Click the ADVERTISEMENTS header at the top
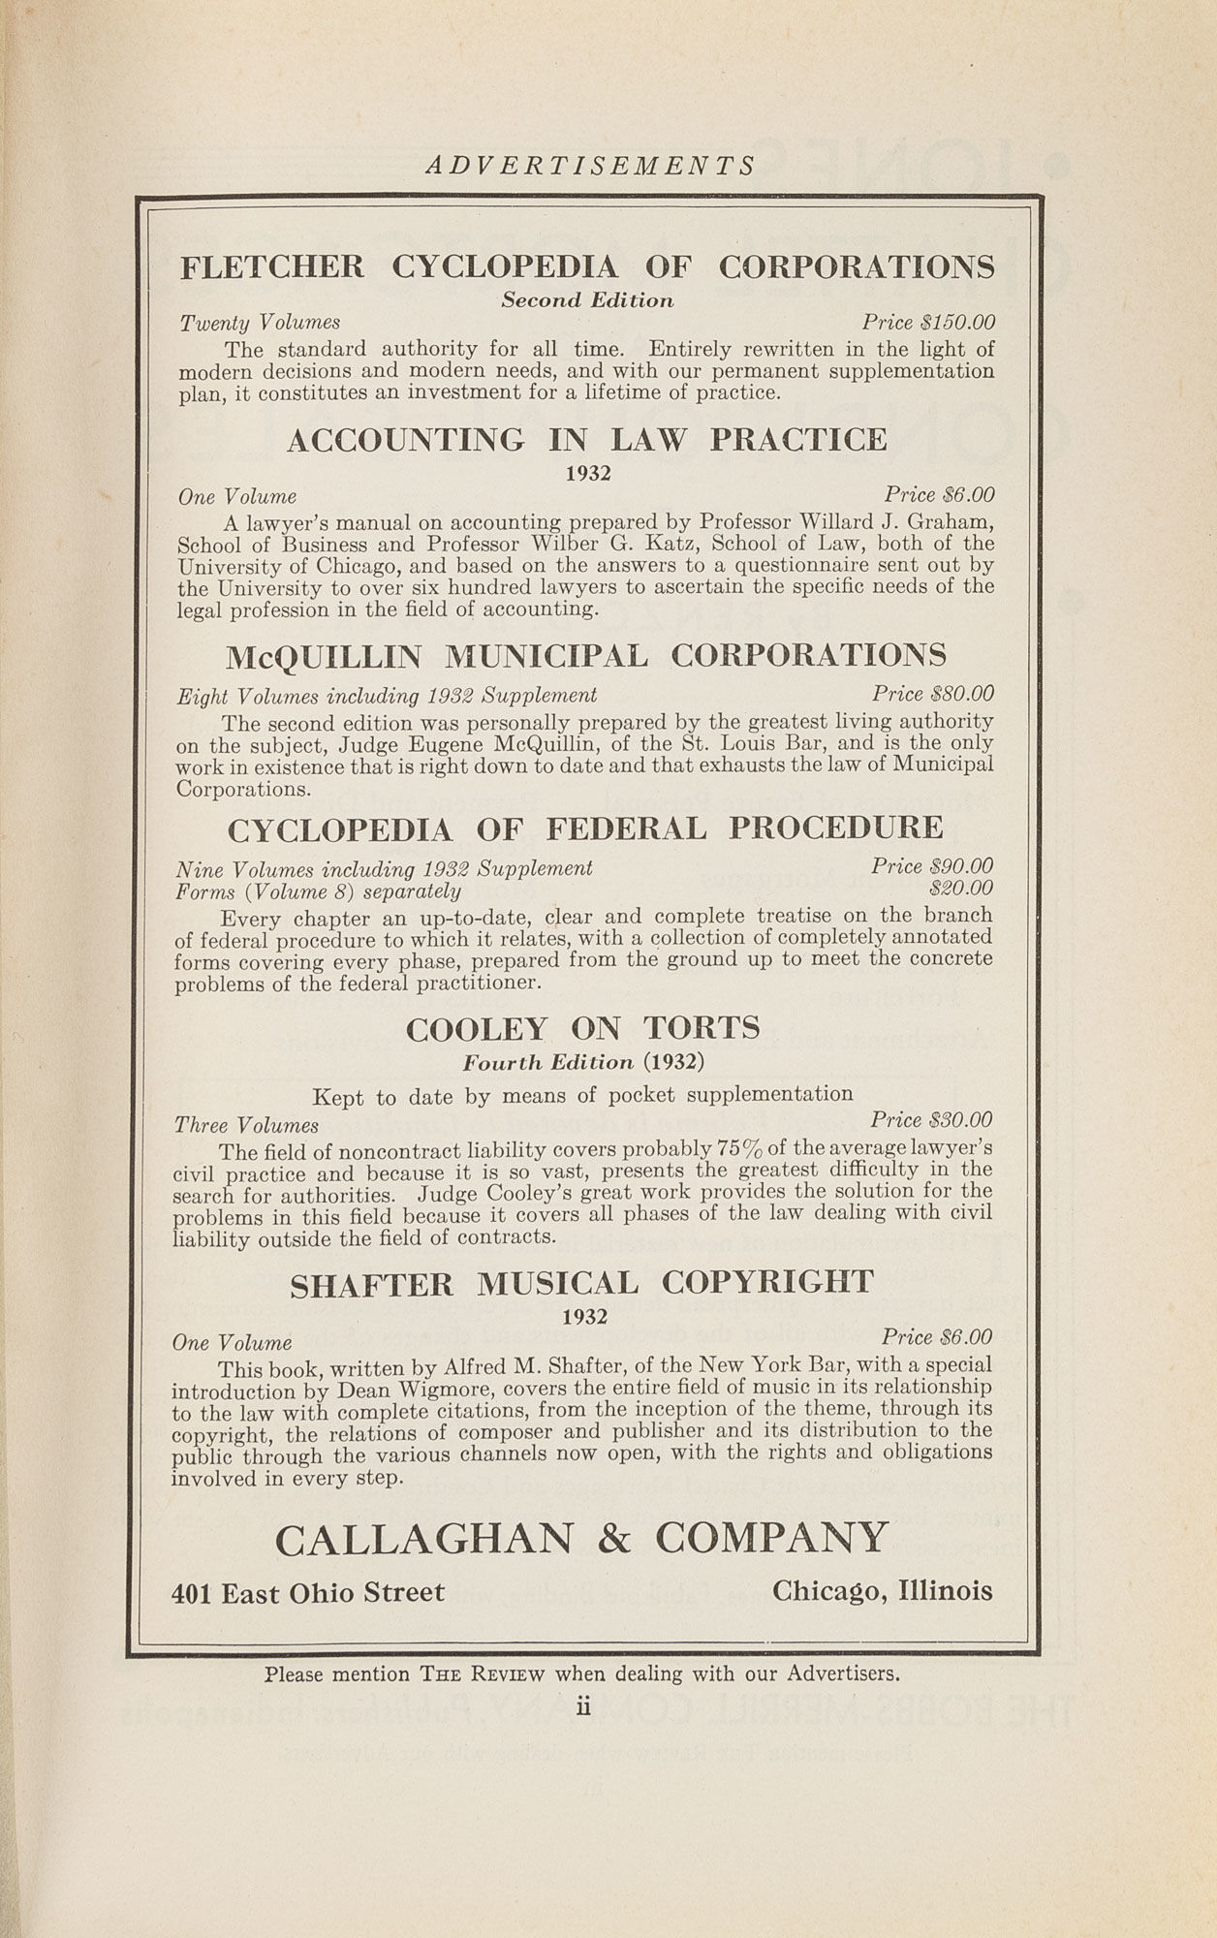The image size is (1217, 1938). pyautogui.click(x=590, y=166)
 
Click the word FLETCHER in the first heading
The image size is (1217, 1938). pyautogui.click(x=272, y=266)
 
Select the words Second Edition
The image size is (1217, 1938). pyautogui.click(x=587, y=300)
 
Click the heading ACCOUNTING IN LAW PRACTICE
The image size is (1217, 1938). pyautogui.click(x=586, y=440)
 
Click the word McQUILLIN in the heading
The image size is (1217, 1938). pyautogui.click(x=324, y=657)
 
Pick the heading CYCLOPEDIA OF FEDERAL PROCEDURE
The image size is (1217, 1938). pyautogui.click(x=584, y=828)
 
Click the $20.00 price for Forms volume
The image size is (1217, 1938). pyautogui.click(x=960, y=889)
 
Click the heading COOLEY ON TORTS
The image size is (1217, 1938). pyautogui.click(x=582, y=1028)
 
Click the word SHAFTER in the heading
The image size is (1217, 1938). pyautogui.click(x=371, y=1285)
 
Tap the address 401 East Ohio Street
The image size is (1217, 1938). pyautogui.click(x=308, y=1593)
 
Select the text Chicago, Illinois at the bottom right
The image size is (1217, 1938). pyautogui.click(x=882, y=1591)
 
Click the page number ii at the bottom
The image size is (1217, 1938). pyautogui.click(x=583, y=1707)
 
